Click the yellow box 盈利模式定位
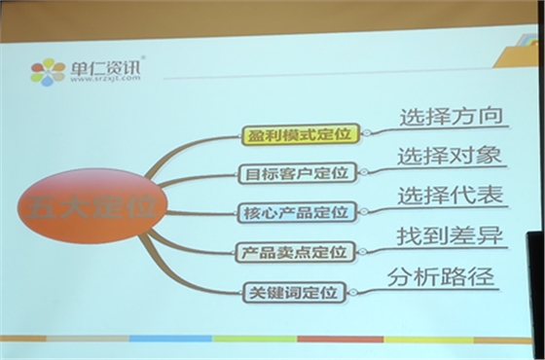pyautogui.click(x=299, y=135)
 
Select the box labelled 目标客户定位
pyautogui.click(x=296, y=174)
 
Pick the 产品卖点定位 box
pyautogui.click(x=294, y=253)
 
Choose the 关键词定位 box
pyautogui.click(x=294, y=290)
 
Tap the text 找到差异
pyautogui.click(x=439, y=235)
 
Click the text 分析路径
pyautogui.click(x=440, y=276)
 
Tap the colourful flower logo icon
pyautogui.click(x=47, y=71)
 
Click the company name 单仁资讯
pyautogui.click(x=105, y=65)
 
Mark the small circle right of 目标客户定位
pyautogui.click(x=363, y=173)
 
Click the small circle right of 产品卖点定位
pyautogui.click(x=360, y=252)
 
